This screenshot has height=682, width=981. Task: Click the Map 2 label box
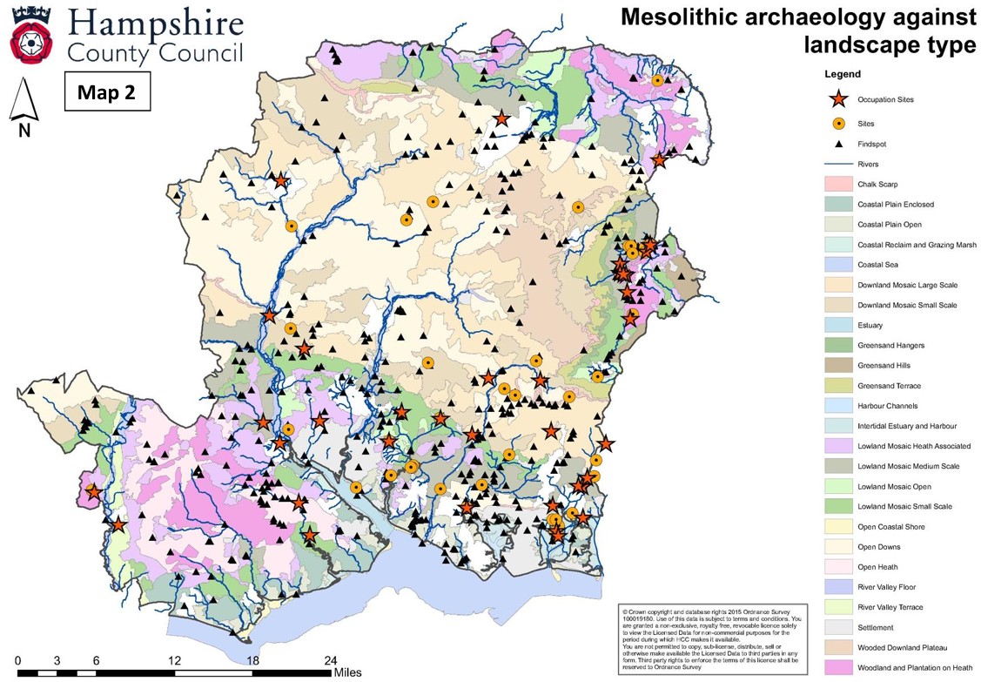point(107,92)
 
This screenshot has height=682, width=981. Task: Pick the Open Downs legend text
point(878,547)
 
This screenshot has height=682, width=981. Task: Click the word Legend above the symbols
point(843,75)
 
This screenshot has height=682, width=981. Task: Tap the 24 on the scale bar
point(330,659)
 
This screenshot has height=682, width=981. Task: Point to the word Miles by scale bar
point(347,672)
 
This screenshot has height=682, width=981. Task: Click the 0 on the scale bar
point(18,659)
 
